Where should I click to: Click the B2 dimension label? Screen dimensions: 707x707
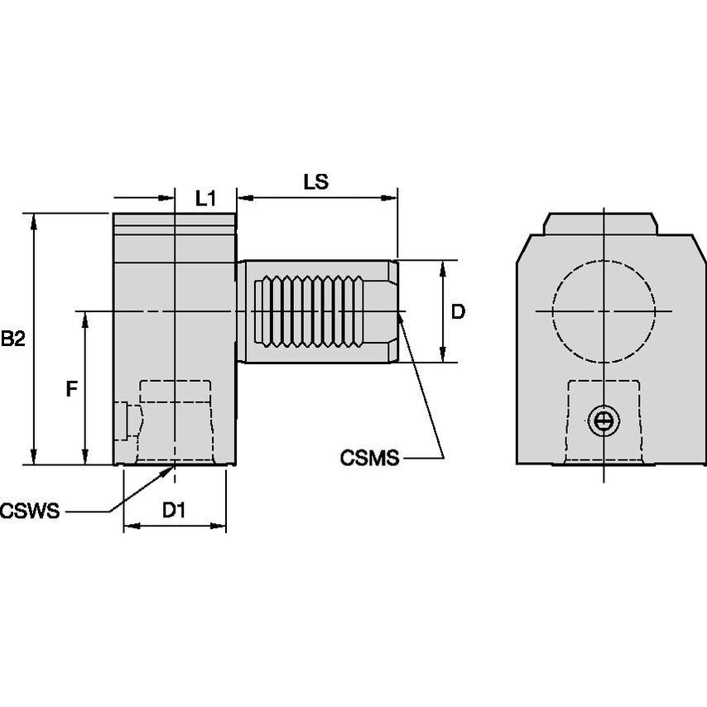coord(13,338)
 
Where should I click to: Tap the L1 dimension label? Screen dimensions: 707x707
coord(205,198)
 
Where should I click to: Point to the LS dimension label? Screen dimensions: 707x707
coord(316,182)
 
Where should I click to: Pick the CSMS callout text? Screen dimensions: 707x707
coord(369,457)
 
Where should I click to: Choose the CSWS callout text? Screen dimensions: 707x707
coord(31,510)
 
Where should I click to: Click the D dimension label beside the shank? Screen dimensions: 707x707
coord(458,311)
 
